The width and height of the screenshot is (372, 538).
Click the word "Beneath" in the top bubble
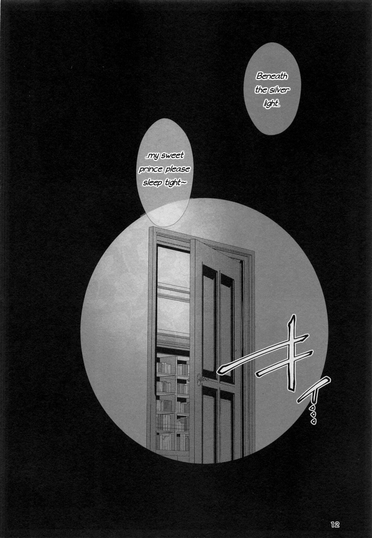(272, 77)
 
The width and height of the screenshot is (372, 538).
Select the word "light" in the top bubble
(271, 103)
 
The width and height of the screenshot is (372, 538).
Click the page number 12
(335, 524)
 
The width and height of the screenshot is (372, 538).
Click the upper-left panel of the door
(209, 319)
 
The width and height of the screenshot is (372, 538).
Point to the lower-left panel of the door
(208, 425)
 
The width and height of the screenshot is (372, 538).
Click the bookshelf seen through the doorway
(172, 399)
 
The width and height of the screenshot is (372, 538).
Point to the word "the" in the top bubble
(261, 90)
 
